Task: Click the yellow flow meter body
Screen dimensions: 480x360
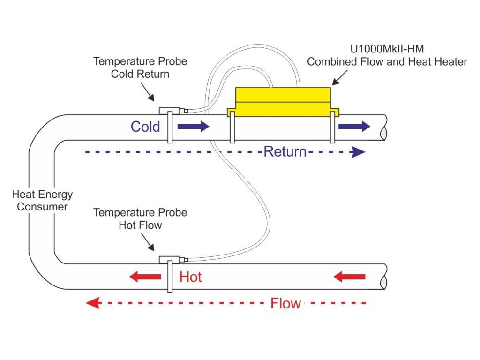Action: [x=283, y=102]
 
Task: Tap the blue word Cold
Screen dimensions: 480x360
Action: [x=145, y=127]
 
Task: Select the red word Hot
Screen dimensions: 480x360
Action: [x=190, y=277]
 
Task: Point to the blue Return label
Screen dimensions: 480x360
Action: [x=285, y=151]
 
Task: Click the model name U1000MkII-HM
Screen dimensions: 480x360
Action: [x=387, y=49]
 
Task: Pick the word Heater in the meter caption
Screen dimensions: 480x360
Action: [x=451, y=61]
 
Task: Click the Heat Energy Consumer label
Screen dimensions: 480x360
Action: [x=42, y=201]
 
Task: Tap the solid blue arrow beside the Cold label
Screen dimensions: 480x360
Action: [x=193, y=126]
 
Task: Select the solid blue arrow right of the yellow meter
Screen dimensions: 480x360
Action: [x=354, y=126]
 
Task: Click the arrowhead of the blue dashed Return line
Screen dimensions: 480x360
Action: [x=358, y=152]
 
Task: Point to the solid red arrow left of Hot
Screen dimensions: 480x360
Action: [x=145, y=277]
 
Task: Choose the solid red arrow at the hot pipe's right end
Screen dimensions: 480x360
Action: [x=349, y=277]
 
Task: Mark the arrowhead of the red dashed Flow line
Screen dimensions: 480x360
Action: [x=93, y=303]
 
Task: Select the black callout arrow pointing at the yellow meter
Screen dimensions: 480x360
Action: [x=340, y=78]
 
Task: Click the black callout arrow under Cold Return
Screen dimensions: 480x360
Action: [x=148, y=92]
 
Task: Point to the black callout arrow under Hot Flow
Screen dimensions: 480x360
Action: [x=148, y=242]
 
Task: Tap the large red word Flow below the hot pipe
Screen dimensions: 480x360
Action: [x=285, y=303]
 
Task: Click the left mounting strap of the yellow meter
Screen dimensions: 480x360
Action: [x=232, y=127]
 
